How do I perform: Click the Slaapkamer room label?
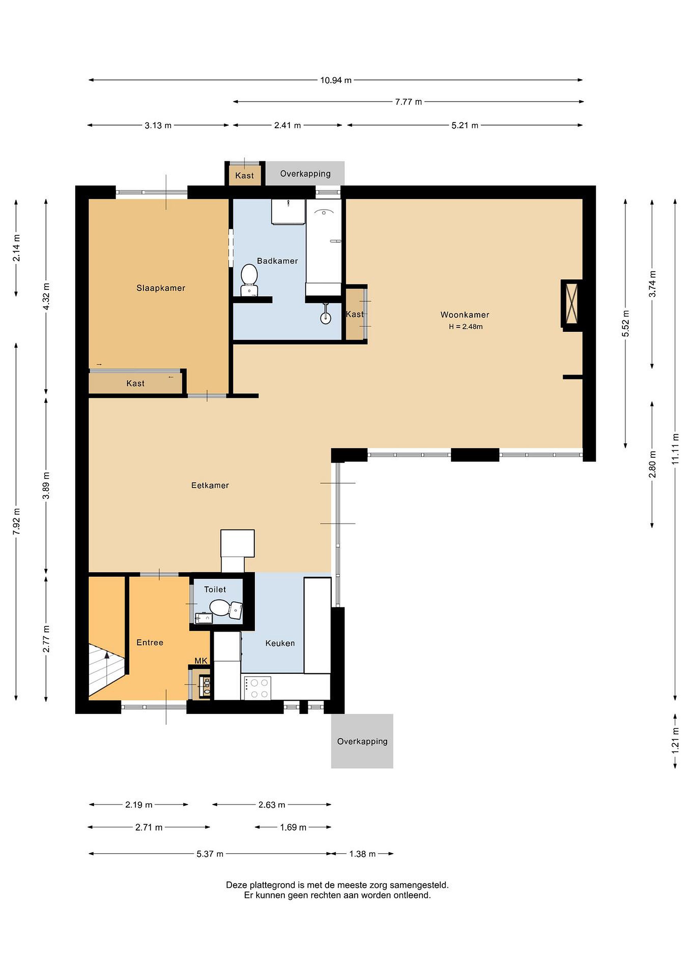tap(160, 288)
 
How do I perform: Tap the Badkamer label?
tap(277, 261)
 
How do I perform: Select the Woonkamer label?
tap(465, 315)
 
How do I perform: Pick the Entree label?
tap(150, 642)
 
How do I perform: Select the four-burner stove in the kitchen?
tap(257, 688)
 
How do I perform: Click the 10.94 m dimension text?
tap(336, 80)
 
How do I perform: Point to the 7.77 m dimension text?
tap(408, 102)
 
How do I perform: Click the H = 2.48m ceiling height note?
tap(465, 327)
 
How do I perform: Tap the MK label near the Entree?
tap(201, 660)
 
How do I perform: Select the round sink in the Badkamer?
tap(326, 318)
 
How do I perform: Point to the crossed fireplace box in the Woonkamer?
tap(572, 304)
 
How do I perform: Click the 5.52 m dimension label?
tap(626, 323)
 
